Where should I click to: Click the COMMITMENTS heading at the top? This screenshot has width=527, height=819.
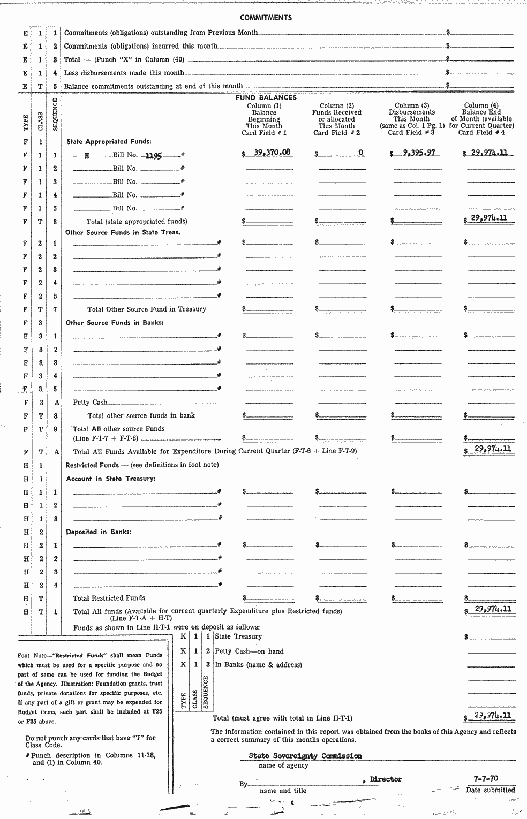(266, 18)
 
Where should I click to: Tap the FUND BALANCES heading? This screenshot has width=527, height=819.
(266, 98)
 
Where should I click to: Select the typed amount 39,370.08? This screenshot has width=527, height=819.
(272, 153)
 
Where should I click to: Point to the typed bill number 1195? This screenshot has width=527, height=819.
(154, 156)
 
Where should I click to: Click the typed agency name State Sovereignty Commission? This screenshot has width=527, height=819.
(305, 756)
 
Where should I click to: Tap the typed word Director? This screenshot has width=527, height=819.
(385, 779)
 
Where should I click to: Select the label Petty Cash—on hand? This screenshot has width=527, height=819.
(249, 651)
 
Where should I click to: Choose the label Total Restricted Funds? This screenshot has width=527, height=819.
(109, 598)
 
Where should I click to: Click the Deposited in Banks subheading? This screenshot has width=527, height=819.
(99, 532)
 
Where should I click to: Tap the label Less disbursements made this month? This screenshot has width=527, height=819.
(124, 73)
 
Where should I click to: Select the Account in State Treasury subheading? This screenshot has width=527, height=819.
(110, 479)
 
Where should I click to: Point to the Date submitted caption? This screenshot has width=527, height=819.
(490, 790)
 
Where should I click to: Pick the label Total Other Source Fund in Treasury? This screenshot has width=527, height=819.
(146, 309)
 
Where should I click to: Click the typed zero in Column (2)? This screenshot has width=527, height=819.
(360, 153)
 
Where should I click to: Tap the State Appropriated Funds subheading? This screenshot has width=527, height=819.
(109, 142)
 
